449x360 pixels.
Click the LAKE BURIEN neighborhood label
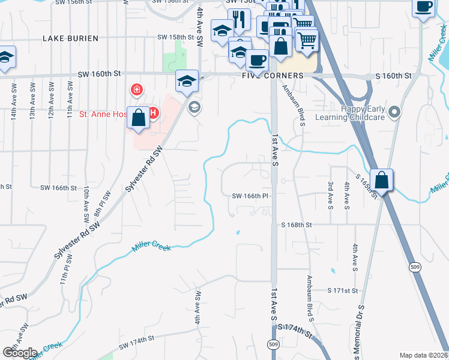tap(67, 38)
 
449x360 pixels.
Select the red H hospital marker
tap(153, 112)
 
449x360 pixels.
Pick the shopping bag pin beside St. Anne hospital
tap(139, 118)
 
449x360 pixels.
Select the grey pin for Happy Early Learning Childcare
tap(394, 112)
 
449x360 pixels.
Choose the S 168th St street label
tap(297, 226)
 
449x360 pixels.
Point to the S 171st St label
tap(342, 290)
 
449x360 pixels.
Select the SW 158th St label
tap(176, 37)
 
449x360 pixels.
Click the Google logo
tap(20, 352)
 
